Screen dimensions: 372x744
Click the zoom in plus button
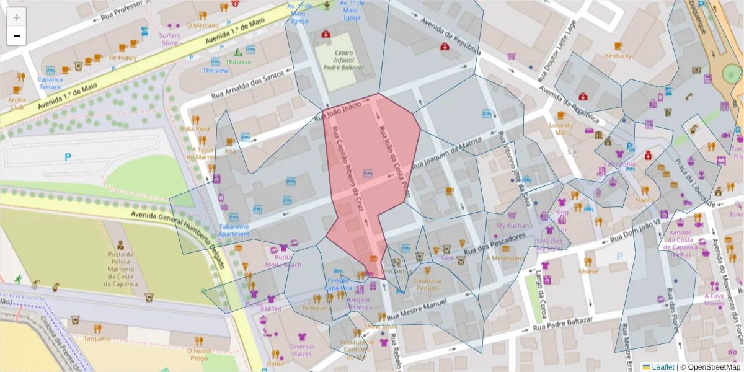[x=17, y=17]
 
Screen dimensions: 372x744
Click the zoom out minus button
[x=17, y=36]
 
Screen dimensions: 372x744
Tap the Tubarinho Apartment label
[x=234, y=230]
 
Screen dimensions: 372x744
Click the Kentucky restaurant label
[x=618, y=56]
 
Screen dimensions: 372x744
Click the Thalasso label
[x=239, y=62]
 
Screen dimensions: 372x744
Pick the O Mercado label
[x=203, y=25]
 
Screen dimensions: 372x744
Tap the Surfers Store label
[x=170, y=39]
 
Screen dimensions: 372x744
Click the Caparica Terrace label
[x=50, y=82]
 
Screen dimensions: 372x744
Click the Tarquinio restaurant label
[x=97, y=339]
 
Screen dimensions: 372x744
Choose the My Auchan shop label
[x=513, y=226]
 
